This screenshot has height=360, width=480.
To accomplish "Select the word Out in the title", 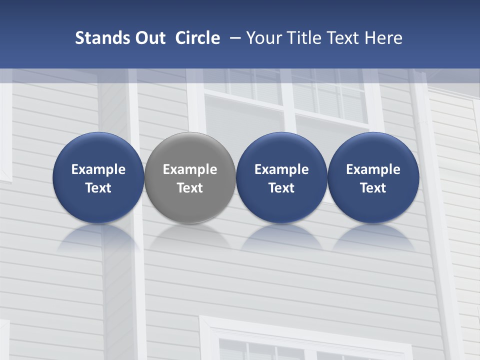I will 148,38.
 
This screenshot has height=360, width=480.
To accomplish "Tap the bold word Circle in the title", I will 197,38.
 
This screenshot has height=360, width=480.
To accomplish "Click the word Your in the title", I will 263,38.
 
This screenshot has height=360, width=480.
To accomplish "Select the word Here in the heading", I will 384,38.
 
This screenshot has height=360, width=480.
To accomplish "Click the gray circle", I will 190,177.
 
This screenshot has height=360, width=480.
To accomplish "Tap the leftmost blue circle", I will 98,177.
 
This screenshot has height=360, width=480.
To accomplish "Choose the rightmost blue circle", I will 373,177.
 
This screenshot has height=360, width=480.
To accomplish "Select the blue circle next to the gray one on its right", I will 281,177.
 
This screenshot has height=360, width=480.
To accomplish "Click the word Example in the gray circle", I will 190,169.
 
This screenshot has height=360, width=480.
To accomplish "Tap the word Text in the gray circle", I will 190,188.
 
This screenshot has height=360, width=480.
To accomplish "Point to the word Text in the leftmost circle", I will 98,188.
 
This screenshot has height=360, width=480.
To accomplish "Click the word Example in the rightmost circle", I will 373,169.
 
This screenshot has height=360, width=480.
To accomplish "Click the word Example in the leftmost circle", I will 98,169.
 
